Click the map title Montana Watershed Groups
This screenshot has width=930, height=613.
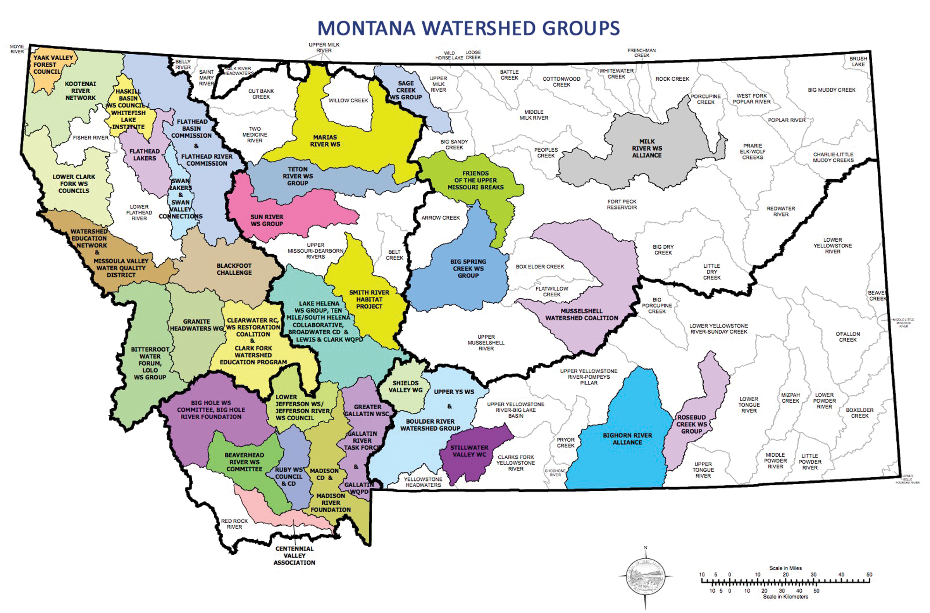pyautogui.click(x=468, y=28)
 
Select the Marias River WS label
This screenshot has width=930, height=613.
pyautogui.click(x=325, y=141)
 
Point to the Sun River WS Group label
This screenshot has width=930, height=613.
pyautogui.click(x=267, y=220)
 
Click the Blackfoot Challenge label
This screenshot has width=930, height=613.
pyautogui.click(x=234, y=269)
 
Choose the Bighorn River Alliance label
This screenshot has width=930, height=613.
pyautogui.click(x=627, y=438)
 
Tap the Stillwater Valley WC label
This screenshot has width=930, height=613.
pyautogui.click(x=469, y=451)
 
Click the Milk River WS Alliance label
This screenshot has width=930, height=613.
pyautogui.click(x=647, y=148)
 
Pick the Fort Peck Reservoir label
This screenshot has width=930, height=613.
pyautogui.click(x=621, y=204)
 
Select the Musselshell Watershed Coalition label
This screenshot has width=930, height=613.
pyautogui.click(x=582, y=315)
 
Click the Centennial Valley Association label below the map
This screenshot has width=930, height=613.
pyautogui.click(x=294, y=556)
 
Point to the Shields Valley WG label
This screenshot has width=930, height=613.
pyautogui.click(x=405, y=386)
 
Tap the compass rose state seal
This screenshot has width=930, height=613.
pyautogui.click(x=645, y=576)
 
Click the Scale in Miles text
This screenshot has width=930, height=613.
pyautogui.click(x=785, y=568)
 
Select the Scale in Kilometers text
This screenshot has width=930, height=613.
pyautogui.click(x=785, y=597)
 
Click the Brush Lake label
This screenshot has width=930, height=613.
pyautogui.click(x=858, y=61)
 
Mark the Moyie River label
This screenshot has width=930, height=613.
pyautogui.click(x=17, y=49)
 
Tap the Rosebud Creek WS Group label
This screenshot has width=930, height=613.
pyautogui.click(x=691, y=424)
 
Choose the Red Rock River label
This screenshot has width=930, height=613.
pyautogui.click(x=234, y=524)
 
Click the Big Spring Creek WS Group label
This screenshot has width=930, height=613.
pyautogui.click(x=468, y=268)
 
